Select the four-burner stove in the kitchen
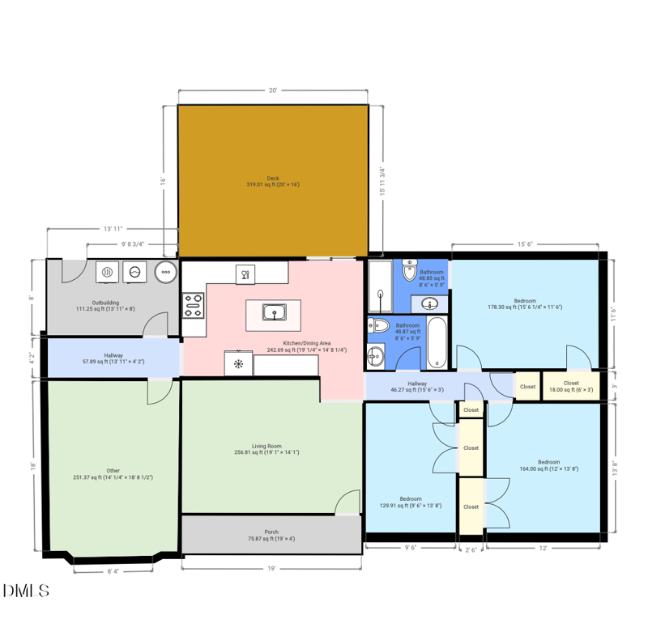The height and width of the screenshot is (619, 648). coord(194,305)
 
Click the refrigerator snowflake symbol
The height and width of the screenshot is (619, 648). coord(238,363)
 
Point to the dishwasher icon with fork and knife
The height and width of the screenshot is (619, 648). coord(245,275)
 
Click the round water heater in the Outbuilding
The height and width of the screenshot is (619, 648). coord(165,273)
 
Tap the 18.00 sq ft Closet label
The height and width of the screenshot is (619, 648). coord(571,386)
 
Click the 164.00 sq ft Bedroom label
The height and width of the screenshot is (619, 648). coord(549,465)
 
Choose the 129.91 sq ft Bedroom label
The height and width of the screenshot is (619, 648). coord(410,502)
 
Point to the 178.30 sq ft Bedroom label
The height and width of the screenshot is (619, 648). coord(525,303)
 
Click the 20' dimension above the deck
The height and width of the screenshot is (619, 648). coord(273,91)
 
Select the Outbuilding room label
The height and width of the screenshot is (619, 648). coord(106,305)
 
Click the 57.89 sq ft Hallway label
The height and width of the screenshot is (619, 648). coord(113,358)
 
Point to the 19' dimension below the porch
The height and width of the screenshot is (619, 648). coord(271,568)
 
